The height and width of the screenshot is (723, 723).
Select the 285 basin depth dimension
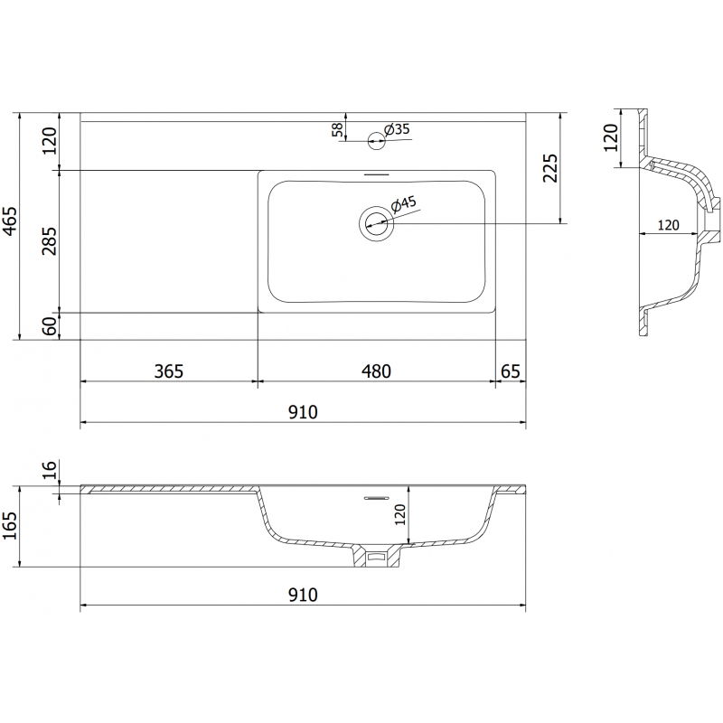[50, 241]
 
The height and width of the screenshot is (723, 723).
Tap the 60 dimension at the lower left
[50, 326]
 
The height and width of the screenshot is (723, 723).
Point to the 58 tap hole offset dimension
[338, 131]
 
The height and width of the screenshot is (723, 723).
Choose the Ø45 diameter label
[404, 204]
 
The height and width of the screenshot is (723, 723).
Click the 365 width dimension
[169, 371]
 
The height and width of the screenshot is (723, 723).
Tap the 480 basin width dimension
[376, 371]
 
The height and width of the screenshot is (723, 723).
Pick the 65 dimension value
[510, 371]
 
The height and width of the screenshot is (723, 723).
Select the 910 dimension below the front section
[303, 595]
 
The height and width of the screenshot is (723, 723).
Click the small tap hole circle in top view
[376, 139]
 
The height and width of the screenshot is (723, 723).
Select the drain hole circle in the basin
[376, 221]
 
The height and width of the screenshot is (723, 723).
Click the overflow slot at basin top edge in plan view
[376, 173]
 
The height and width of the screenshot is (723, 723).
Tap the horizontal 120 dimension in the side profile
[669, 225]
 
